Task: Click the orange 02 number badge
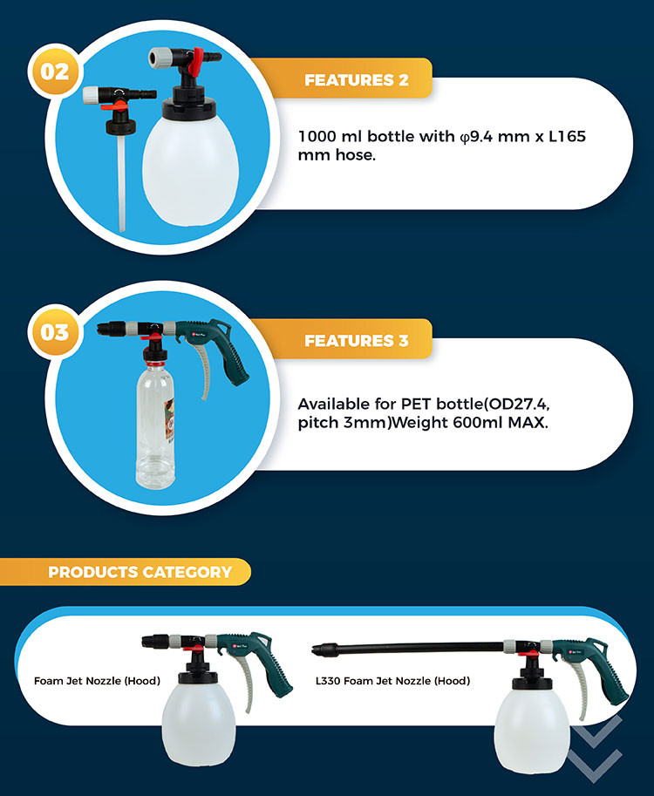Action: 55,71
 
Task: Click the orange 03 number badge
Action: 55,332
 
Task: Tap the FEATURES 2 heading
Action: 357,79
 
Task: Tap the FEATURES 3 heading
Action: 357,340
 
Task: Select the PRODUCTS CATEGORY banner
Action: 125,572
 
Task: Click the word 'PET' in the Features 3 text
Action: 416,404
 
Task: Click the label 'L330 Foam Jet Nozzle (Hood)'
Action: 392,681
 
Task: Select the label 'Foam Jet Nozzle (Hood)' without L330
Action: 97,681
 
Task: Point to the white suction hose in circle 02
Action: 121,183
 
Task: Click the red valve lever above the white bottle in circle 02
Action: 195,63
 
